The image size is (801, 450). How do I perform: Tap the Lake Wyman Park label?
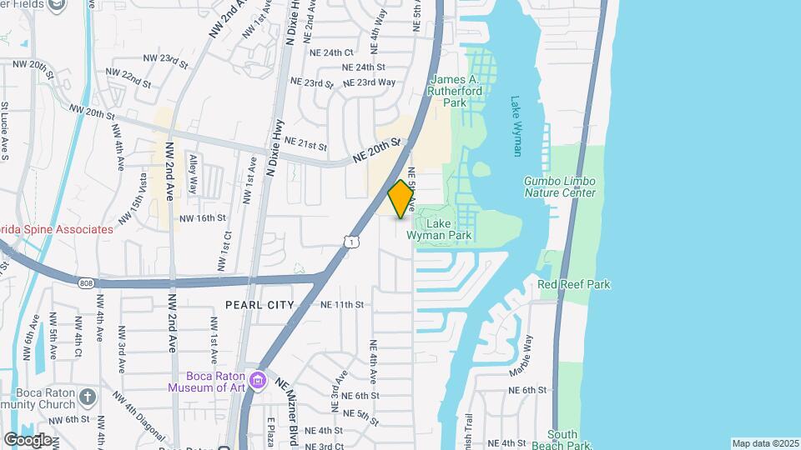click(439, 229)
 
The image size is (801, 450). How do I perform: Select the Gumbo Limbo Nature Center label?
click(560, 187)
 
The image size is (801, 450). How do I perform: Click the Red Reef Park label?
click(574, 284)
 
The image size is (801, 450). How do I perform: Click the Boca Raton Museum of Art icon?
click(259, 380)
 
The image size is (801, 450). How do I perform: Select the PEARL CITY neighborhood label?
click(259, 305)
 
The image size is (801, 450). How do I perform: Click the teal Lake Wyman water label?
click(516, 126)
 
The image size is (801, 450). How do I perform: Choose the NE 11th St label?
click(342, 305)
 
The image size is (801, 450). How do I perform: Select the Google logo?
click(28, 439)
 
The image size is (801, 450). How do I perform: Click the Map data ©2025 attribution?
click(764, 443)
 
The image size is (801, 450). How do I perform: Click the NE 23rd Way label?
click(370, 82)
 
